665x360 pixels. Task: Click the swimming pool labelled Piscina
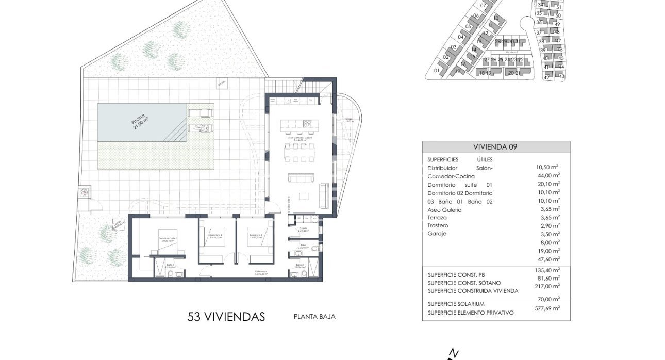[x=140, y=122]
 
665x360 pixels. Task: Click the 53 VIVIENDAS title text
[x=226, y=316]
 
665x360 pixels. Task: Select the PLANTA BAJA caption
[x=314, y=317]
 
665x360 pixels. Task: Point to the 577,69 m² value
[x=547, y=308]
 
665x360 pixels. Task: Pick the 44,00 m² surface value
[x=547, y=176]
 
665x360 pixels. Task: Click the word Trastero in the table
[x=438, y=226]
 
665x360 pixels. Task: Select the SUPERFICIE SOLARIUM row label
[x=458, y=305]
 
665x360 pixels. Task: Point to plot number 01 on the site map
[x=437, y=71]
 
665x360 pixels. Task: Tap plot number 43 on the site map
[x=561, y=76]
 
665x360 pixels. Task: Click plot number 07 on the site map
[x=483, y=6]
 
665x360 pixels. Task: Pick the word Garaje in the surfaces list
[x=437, y=234]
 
